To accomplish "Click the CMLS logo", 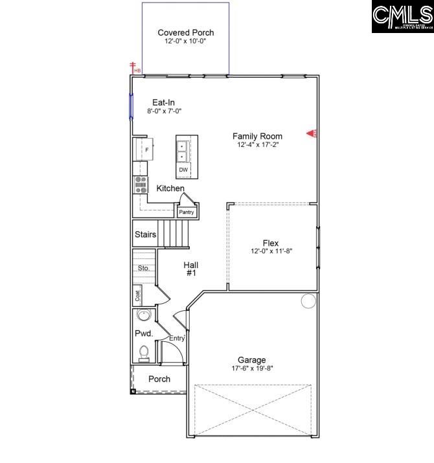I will pyautogui.click(x=402, y=17).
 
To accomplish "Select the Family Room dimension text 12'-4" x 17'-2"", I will pyautogui.click(x=257, y=145).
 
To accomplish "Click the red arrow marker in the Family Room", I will pyautogui.click(x=312, y=134).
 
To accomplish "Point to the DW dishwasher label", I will pyautogui.click(x=183, y=170).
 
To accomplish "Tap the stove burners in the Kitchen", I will pyautogui.click(x=141, y=185).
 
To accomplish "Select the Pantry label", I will pyautogui.click(x=187, y=212).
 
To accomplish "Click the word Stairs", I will pyautogui.click(x=145, y=234).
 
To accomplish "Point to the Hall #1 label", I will pyautogui.click(x=190, y=269).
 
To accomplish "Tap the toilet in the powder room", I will pyautogui.click(x=144, y=352).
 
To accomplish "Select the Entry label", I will pyautogui.click(x=177, y=338).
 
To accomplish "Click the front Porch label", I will pyautogui.click(x=159, y=379).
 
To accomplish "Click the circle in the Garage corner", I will pyautogui.click(x=308, y=300).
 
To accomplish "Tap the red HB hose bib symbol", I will pyautogui.click(x=134, y=67).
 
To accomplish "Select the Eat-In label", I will pyautogui.click(x=163, y=102).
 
